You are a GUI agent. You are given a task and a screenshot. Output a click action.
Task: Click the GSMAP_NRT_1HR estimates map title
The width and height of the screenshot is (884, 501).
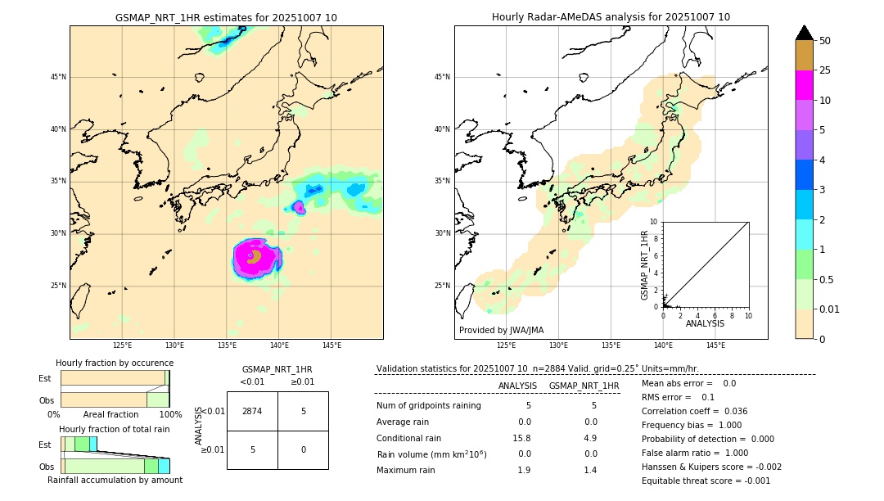pyautogui.click(x=226, y=17)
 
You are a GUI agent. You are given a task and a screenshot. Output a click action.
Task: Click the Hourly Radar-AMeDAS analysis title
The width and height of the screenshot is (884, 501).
pyautogui.click(x=611, y=17)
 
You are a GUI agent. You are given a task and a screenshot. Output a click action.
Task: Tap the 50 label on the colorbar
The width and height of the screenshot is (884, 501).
pyautogui.click(x=825, y=40)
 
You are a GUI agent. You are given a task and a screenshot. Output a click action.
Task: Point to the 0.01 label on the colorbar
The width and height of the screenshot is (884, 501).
pyautogui.click(x=828, y=309)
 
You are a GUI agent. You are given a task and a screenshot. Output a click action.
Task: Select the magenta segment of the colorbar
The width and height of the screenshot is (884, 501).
pyautogui.click(x=804, y=85)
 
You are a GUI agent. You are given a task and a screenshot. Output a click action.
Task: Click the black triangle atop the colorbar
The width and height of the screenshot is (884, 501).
pyautogui.click(x=804, y=33)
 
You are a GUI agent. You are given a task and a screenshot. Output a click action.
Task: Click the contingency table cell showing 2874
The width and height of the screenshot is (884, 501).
pyautogui.click(x=252, y=411)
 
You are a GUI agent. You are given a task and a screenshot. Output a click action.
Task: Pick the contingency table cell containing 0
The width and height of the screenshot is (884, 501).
pyautogui.click(x=303, y=449)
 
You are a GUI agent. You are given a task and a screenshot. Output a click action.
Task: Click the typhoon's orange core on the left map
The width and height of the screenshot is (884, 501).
pyautogui.click(x=254, y=256)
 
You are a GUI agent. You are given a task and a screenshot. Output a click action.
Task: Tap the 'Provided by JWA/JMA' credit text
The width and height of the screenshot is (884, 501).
pyautogui.click(x=501, y=331)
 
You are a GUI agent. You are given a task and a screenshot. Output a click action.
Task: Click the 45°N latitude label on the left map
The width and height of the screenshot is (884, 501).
pyautogui.click(x=58, y=77)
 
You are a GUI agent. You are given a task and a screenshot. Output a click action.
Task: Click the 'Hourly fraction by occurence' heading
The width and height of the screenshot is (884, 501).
pyautogui.click(x=115, y=363)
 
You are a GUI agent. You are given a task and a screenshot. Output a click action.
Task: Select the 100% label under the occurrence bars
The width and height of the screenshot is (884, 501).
pyautogui.click(x=169, y=414)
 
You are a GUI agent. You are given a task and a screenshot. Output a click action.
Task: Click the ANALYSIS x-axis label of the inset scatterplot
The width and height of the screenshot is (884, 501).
pyautogui.click(x=705, y=323)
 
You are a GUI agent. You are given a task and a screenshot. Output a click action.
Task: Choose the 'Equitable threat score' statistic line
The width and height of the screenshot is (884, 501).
pyautogui.click(x=706, y=481)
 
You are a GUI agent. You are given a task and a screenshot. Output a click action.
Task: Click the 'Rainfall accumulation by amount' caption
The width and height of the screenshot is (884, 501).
pyautogui.click(x=115, y=481)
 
